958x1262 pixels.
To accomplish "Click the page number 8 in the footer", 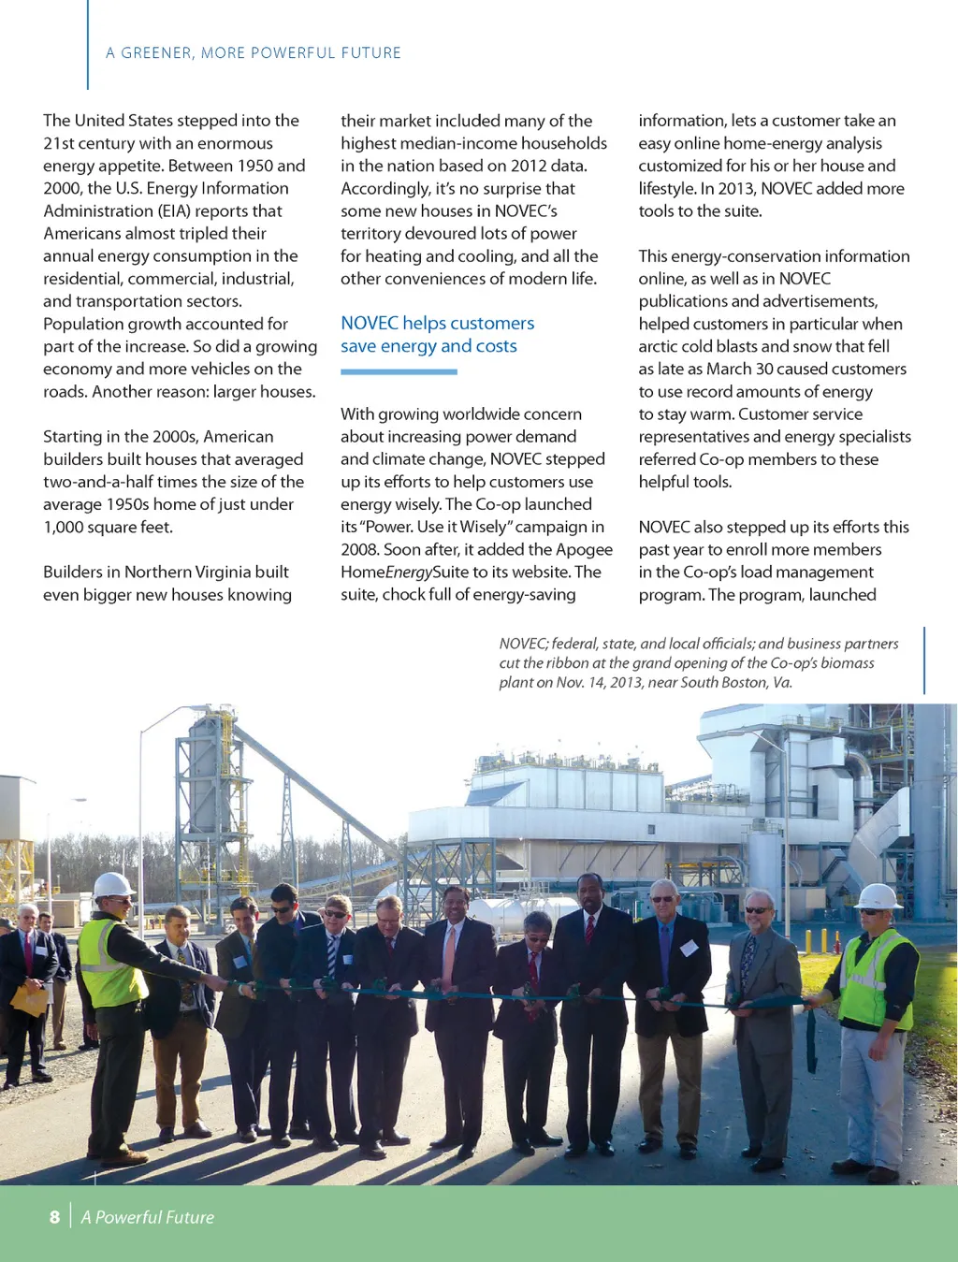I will click(x=54, y=1217).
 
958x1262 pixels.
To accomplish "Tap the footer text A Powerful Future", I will click(x=147, y=1217).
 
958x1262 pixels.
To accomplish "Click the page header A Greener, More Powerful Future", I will click(x=253, y=52).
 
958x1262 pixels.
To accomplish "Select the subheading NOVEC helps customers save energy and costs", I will click(x=437, y=334).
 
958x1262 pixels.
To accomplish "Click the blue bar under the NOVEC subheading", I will click(x=399, y=371).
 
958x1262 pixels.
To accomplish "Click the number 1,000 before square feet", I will click(x=66, y=527).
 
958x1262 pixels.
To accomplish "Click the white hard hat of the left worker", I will click(x=113, y=884).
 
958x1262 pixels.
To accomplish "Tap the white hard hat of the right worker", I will click(x=878, y=895).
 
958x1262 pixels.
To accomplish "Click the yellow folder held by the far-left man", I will click(x=28, y=1000).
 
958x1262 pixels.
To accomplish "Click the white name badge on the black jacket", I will click(x=689, y=948).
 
